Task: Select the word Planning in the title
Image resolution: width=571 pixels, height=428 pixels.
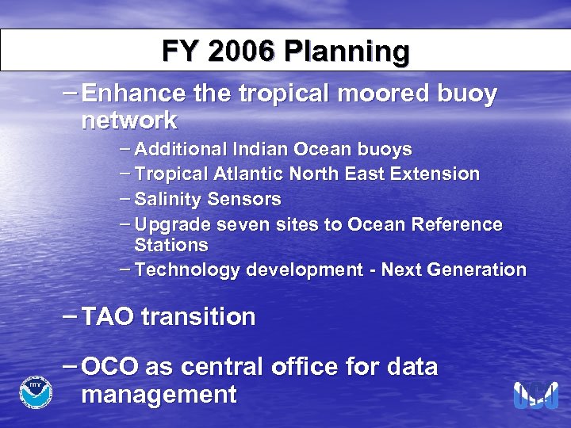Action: (347, 53)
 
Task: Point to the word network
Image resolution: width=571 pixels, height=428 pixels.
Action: (129, 121)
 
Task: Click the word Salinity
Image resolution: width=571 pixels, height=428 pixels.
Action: (169, 198)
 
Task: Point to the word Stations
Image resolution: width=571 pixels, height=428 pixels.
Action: (171, 244)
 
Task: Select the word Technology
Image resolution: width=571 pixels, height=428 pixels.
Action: (188, 270)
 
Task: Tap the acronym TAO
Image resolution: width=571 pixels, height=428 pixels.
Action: (109, 318)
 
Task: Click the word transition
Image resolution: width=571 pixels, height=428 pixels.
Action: (198, 318)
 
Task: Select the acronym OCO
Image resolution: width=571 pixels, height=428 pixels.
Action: (110, 368)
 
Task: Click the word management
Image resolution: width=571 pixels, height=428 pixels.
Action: (159, 394)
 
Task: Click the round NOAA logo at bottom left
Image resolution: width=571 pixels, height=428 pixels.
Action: (36, 391)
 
